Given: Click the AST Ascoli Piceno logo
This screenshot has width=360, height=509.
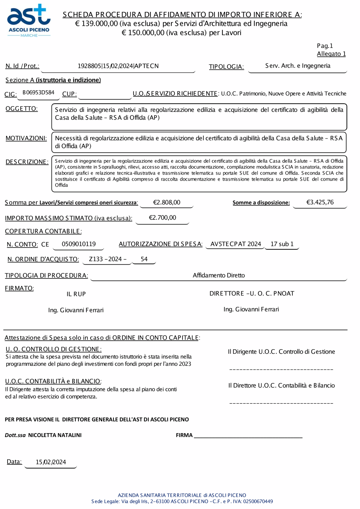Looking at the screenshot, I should click(x=29, y=21).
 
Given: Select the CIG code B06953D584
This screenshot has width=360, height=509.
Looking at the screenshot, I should click(x=38, y=92).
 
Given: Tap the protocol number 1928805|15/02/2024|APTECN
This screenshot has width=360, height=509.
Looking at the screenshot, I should click(x=118, y=66).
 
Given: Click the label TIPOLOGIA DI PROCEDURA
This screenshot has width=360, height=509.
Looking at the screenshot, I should click(x=46, y=276).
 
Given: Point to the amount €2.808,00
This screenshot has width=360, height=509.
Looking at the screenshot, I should click(x=167, y=203).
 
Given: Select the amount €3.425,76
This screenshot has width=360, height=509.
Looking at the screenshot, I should click(x=320, y=202).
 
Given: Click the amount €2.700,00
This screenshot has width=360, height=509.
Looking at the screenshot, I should click(x=162, y=218).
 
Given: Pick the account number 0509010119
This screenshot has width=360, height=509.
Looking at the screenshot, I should click(x=78, y=244).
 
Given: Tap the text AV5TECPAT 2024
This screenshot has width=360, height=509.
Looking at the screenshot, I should click(x=235, y=244).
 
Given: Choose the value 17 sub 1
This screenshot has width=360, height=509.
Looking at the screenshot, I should click(x=282, y=244).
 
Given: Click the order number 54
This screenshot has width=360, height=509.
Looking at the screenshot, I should click(x=144, y=259).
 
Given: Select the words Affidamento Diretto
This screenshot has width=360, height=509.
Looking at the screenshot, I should click(x=219, y=275).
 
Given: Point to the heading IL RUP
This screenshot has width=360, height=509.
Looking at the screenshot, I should click(x=76, y=294).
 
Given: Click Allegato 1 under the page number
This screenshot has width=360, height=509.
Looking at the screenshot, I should click(x=331, y=54).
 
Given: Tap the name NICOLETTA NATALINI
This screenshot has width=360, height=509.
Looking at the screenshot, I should click(x=55, y=435).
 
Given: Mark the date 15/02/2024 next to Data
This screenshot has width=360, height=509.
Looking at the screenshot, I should click(x=51, y=462).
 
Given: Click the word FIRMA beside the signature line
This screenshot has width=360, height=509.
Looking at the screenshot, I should click(x=184, y=435).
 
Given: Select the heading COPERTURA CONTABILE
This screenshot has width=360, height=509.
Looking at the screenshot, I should click(x=43, y=231).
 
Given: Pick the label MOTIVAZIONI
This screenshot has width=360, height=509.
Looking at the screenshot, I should click(x=26, y=138).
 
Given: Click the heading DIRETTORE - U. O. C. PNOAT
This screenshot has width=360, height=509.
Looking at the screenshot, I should click(x=252, y=294).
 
